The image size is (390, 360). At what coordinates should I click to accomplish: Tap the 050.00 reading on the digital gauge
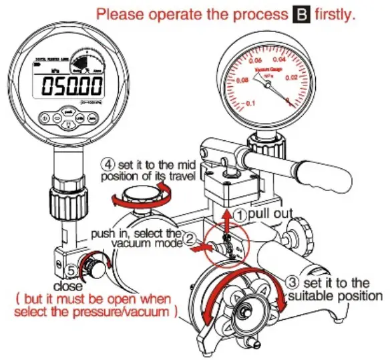(x=73, y=85)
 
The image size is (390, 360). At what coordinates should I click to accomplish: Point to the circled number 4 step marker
(x=107, y=162)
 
